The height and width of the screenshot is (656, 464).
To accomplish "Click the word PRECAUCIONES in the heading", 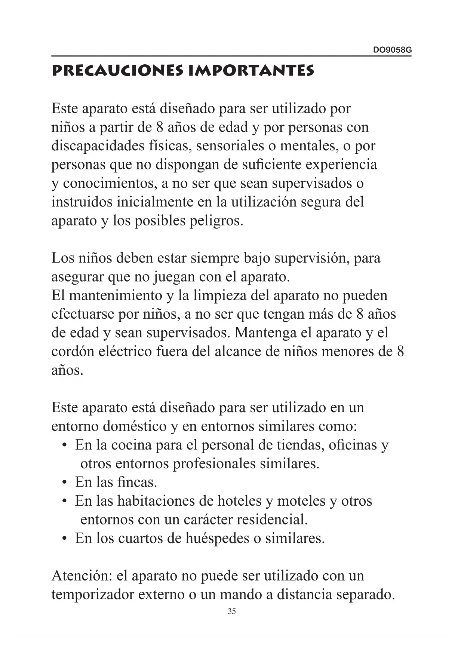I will tap(117, 71).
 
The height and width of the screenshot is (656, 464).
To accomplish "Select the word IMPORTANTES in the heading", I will tap(251, 71).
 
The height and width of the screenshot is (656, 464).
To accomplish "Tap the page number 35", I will tap(231, 611).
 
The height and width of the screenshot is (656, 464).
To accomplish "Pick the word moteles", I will tap(301, 501).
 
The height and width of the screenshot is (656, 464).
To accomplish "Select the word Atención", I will tap(82, 576).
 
